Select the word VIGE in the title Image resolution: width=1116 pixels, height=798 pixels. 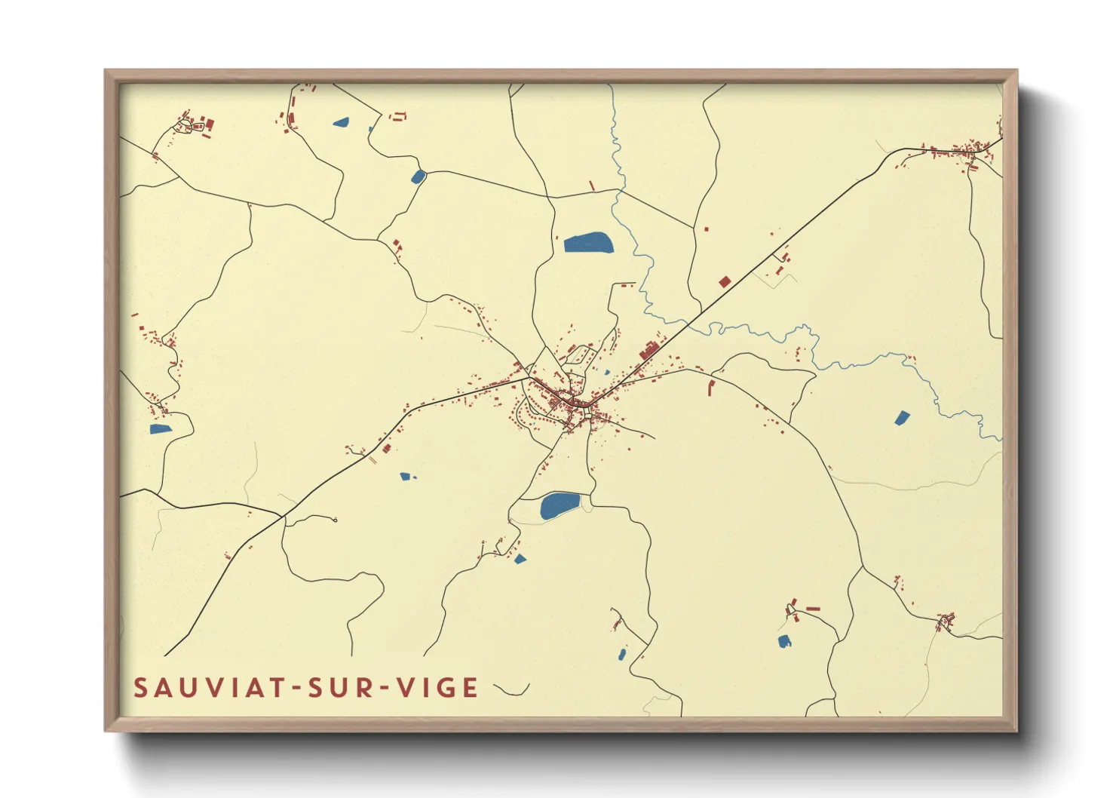point(437,688)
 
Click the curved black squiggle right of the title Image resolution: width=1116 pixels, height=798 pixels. point(511,689)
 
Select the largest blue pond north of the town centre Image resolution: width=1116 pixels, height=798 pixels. point(589,242)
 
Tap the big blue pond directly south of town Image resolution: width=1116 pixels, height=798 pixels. point(560,505)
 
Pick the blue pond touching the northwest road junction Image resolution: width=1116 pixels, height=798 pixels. point(418,177)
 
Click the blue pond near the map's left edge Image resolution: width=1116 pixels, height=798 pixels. point(160,429)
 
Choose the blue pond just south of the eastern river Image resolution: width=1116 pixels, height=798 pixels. point(902,417)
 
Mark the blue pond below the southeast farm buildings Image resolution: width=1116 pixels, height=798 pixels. point(784,641)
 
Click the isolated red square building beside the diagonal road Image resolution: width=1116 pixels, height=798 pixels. point(725,282)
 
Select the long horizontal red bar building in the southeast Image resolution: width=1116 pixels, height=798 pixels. point(813,608)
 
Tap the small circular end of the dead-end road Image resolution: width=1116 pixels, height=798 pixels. point(335,520)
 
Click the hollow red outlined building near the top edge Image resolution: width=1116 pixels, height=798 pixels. point(397,116)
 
